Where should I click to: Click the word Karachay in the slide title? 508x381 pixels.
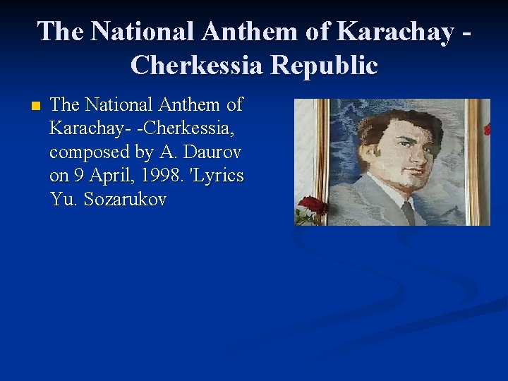point(395,32)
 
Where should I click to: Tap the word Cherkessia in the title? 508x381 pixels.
point(197,66)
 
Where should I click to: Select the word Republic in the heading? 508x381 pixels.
point(325,66)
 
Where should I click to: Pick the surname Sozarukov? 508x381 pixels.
point(125,200)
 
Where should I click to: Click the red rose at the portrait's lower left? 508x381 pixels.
point(311,207)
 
